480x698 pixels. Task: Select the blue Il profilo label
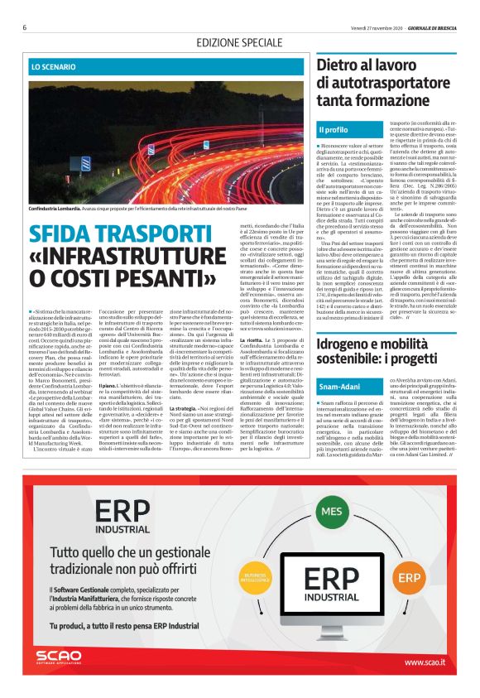pos(334,130)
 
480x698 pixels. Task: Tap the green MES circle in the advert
pos(332,512)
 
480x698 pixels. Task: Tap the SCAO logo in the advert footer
pos(59,660)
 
